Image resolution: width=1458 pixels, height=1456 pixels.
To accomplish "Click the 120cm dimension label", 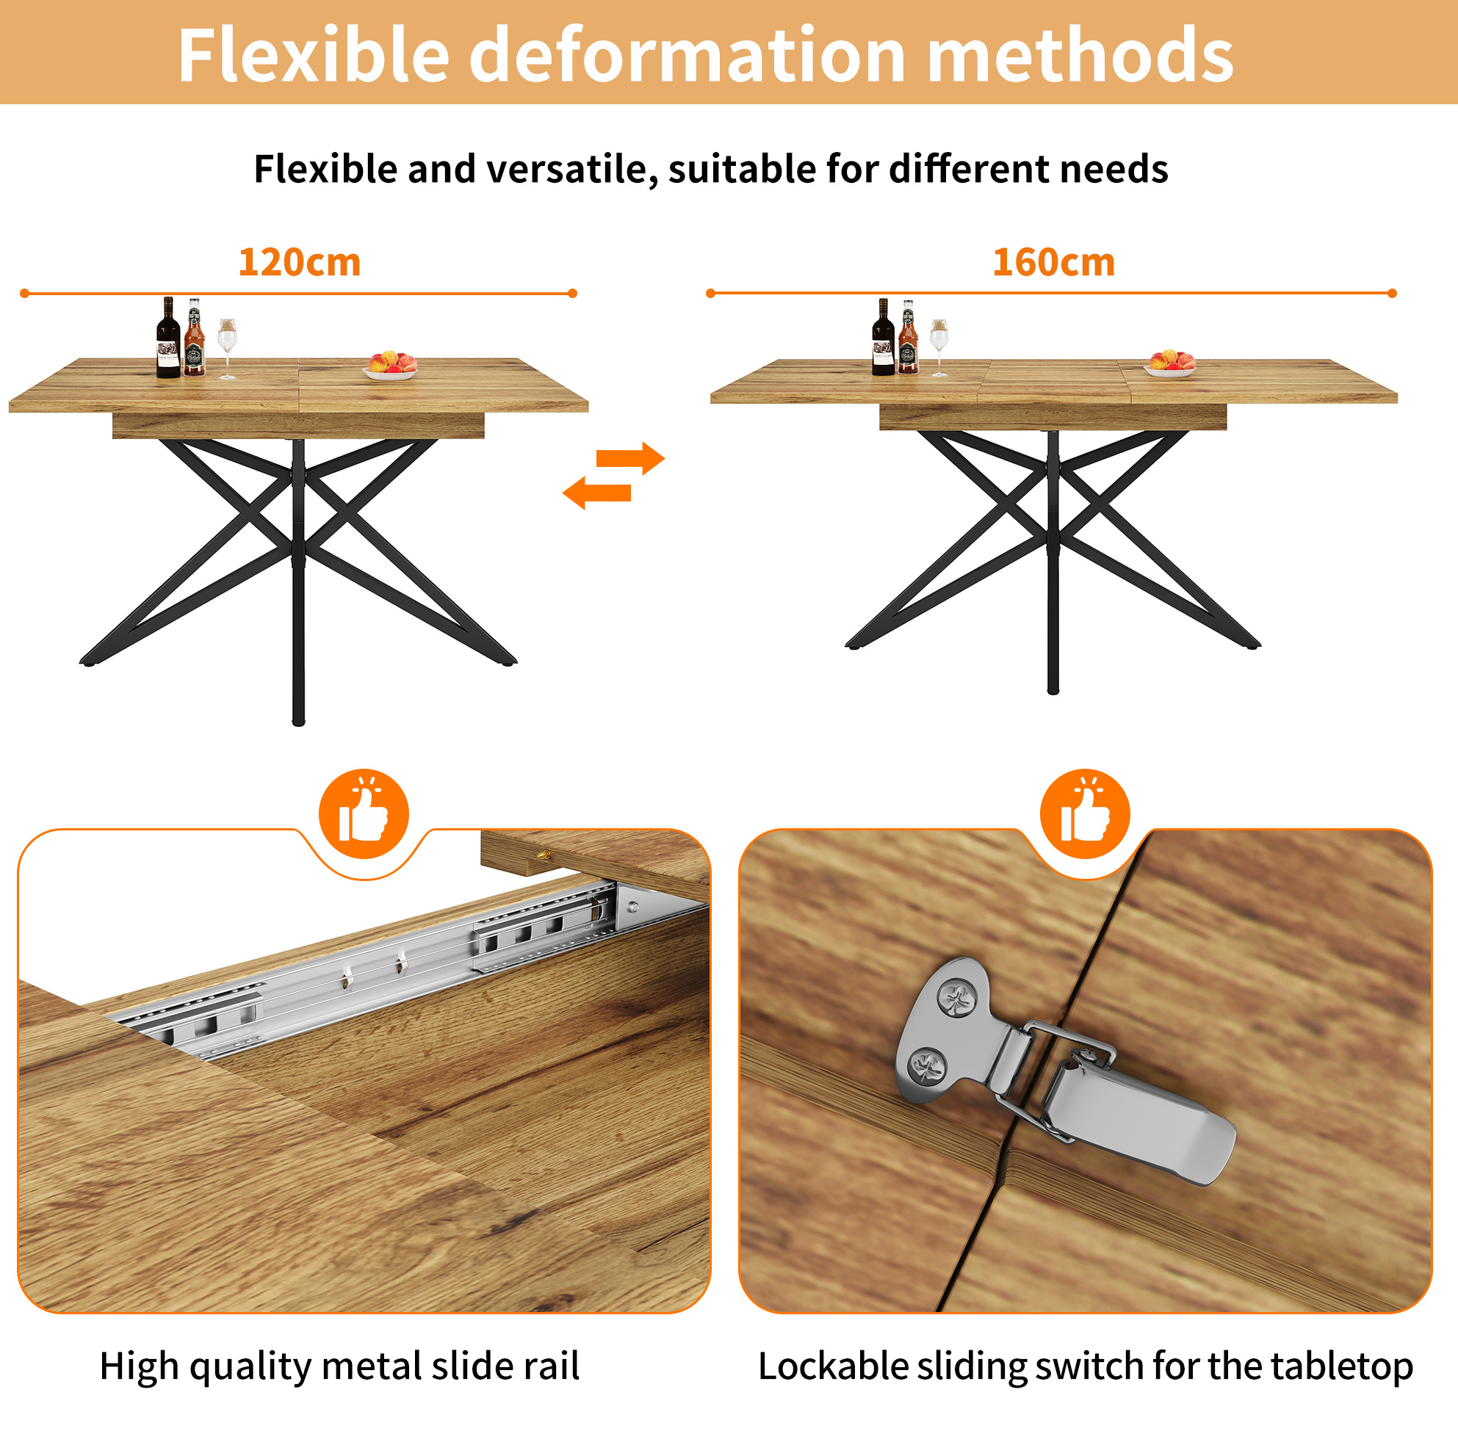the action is [300, 263].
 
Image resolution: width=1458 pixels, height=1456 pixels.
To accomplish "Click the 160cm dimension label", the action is [1053, 263].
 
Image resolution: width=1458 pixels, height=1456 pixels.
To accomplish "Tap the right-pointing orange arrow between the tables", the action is [630, 458].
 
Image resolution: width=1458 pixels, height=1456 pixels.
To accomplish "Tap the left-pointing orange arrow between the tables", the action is [597, 493].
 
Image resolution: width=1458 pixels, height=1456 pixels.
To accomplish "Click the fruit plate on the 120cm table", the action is [390, 365].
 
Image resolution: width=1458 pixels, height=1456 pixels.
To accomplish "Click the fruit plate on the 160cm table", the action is [1171, 363].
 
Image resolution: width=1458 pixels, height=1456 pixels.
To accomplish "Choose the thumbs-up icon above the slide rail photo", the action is [364, 814].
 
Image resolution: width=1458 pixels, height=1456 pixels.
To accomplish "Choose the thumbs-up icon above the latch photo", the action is [1085, 814].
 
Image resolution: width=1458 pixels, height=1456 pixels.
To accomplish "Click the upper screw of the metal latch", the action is [958, 999].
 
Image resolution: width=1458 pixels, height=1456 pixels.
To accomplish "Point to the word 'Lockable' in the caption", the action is [832, 1366].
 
